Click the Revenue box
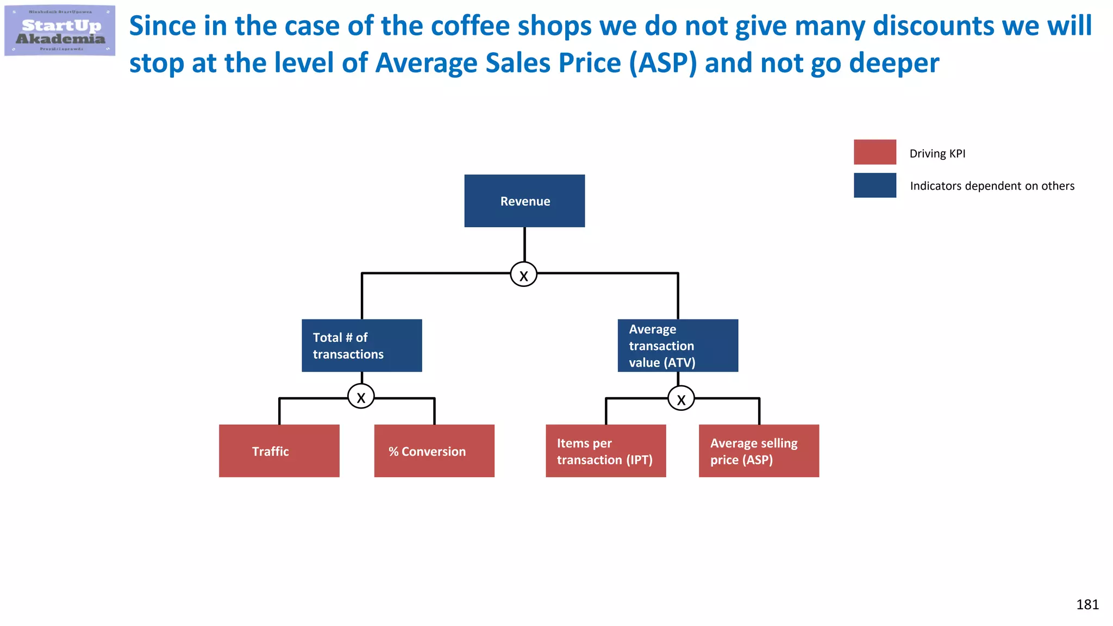point(524,201)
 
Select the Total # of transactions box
point(362,346)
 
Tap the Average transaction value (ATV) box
point(678,346)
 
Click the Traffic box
point(279,451)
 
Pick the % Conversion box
point(434,451)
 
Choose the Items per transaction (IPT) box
point(605,451)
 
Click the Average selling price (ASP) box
point(759,451)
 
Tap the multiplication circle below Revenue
point(523,274)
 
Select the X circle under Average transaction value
point(681,398)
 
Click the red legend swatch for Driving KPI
point(874,152)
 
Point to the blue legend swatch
point(874,185)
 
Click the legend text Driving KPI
point(937,154)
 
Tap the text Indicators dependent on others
point(992,186)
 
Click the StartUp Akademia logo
point(60,30)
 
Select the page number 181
point(1087,605)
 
